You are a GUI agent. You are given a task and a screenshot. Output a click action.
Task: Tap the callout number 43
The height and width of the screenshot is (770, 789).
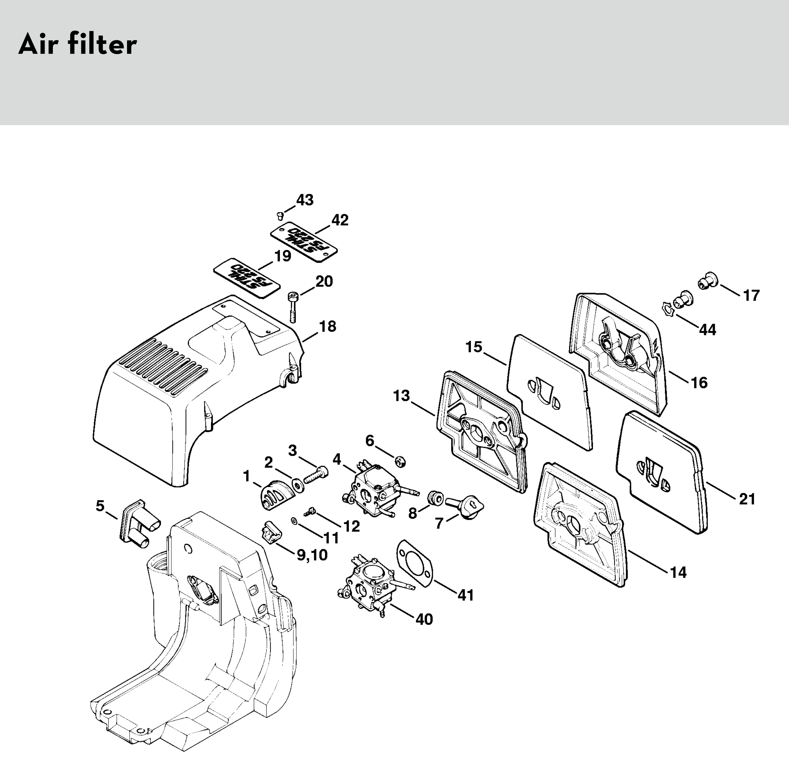[x=305, y=200]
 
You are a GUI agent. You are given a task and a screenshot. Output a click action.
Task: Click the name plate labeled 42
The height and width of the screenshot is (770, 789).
[x=304, y=241]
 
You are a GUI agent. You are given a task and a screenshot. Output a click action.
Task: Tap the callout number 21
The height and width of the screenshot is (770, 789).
[x=747, y=499]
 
